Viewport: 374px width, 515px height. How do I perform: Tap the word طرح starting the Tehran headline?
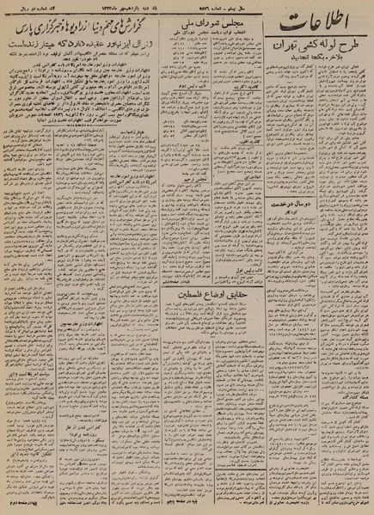[x=349, y=52]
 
